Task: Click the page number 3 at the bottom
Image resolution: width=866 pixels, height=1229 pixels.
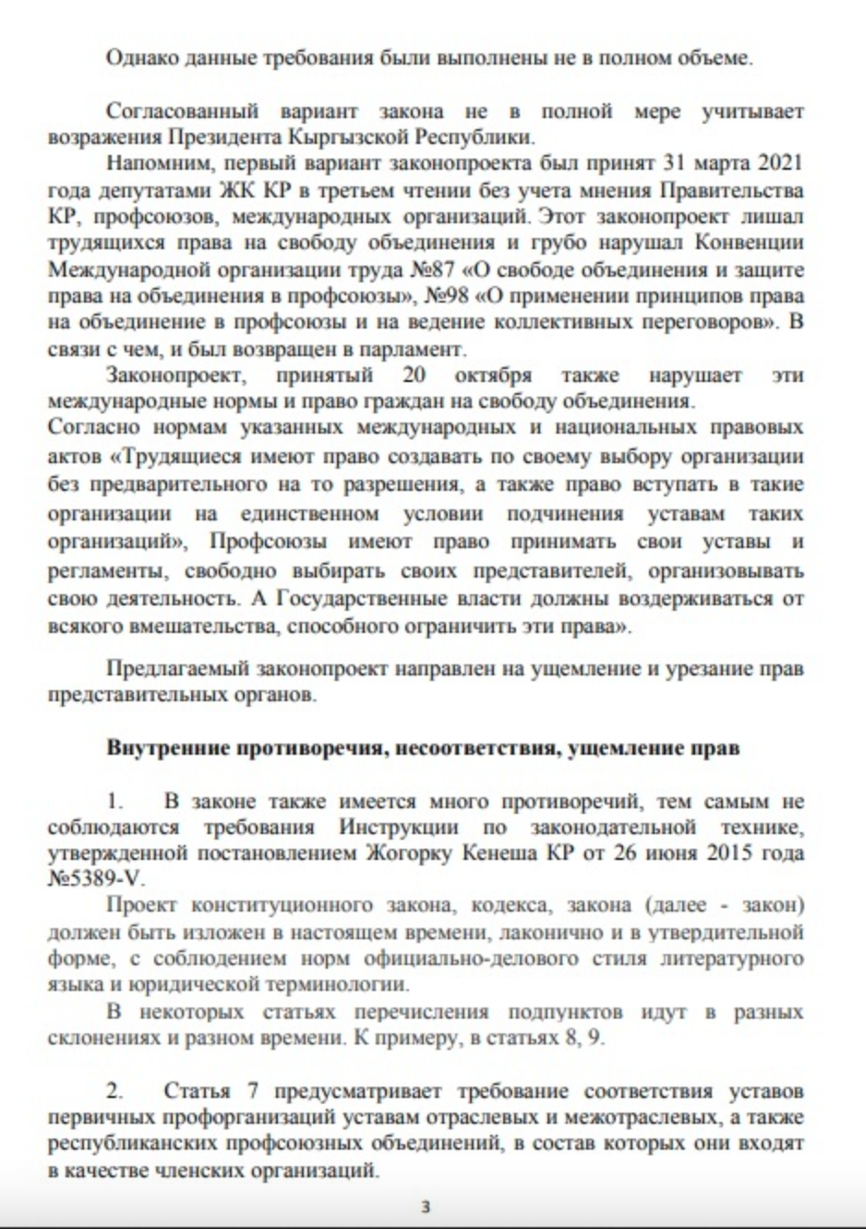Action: tap(426, 1206)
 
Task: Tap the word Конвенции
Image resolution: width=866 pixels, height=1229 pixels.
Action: tap(747, 244)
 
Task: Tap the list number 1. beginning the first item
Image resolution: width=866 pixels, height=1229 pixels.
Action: tap(114, 802)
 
